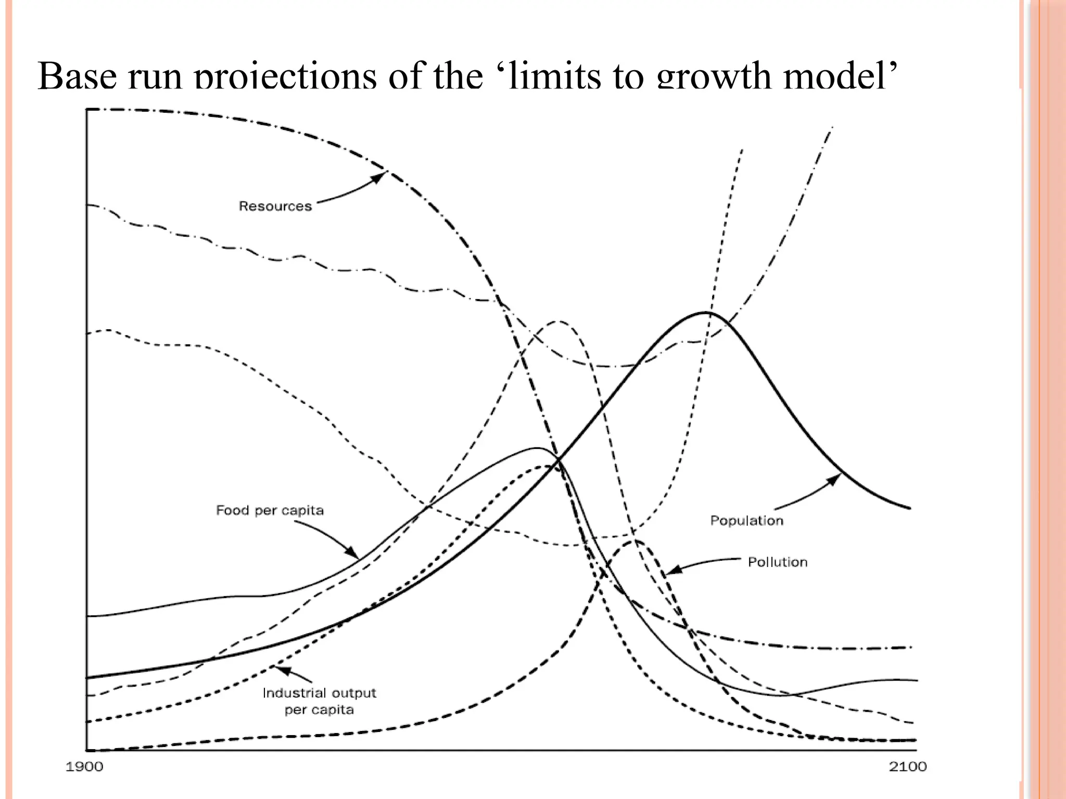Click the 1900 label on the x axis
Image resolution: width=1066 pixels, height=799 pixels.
coord(84,767)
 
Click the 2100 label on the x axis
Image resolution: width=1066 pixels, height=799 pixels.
coord(908,767)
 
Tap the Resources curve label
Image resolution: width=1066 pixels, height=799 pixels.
coord(275,207)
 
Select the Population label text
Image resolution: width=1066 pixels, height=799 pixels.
coord(746,521)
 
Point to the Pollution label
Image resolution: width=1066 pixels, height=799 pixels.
coord(778,562)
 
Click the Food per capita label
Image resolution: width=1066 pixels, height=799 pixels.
coord(270,510)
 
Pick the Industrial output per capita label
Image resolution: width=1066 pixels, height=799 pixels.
coord(319,701)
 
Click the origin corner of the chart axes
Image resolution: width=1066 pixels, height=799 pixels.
coord(87,750)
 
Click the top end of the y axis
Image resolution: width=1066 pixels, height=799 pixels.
coord(87,110)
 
